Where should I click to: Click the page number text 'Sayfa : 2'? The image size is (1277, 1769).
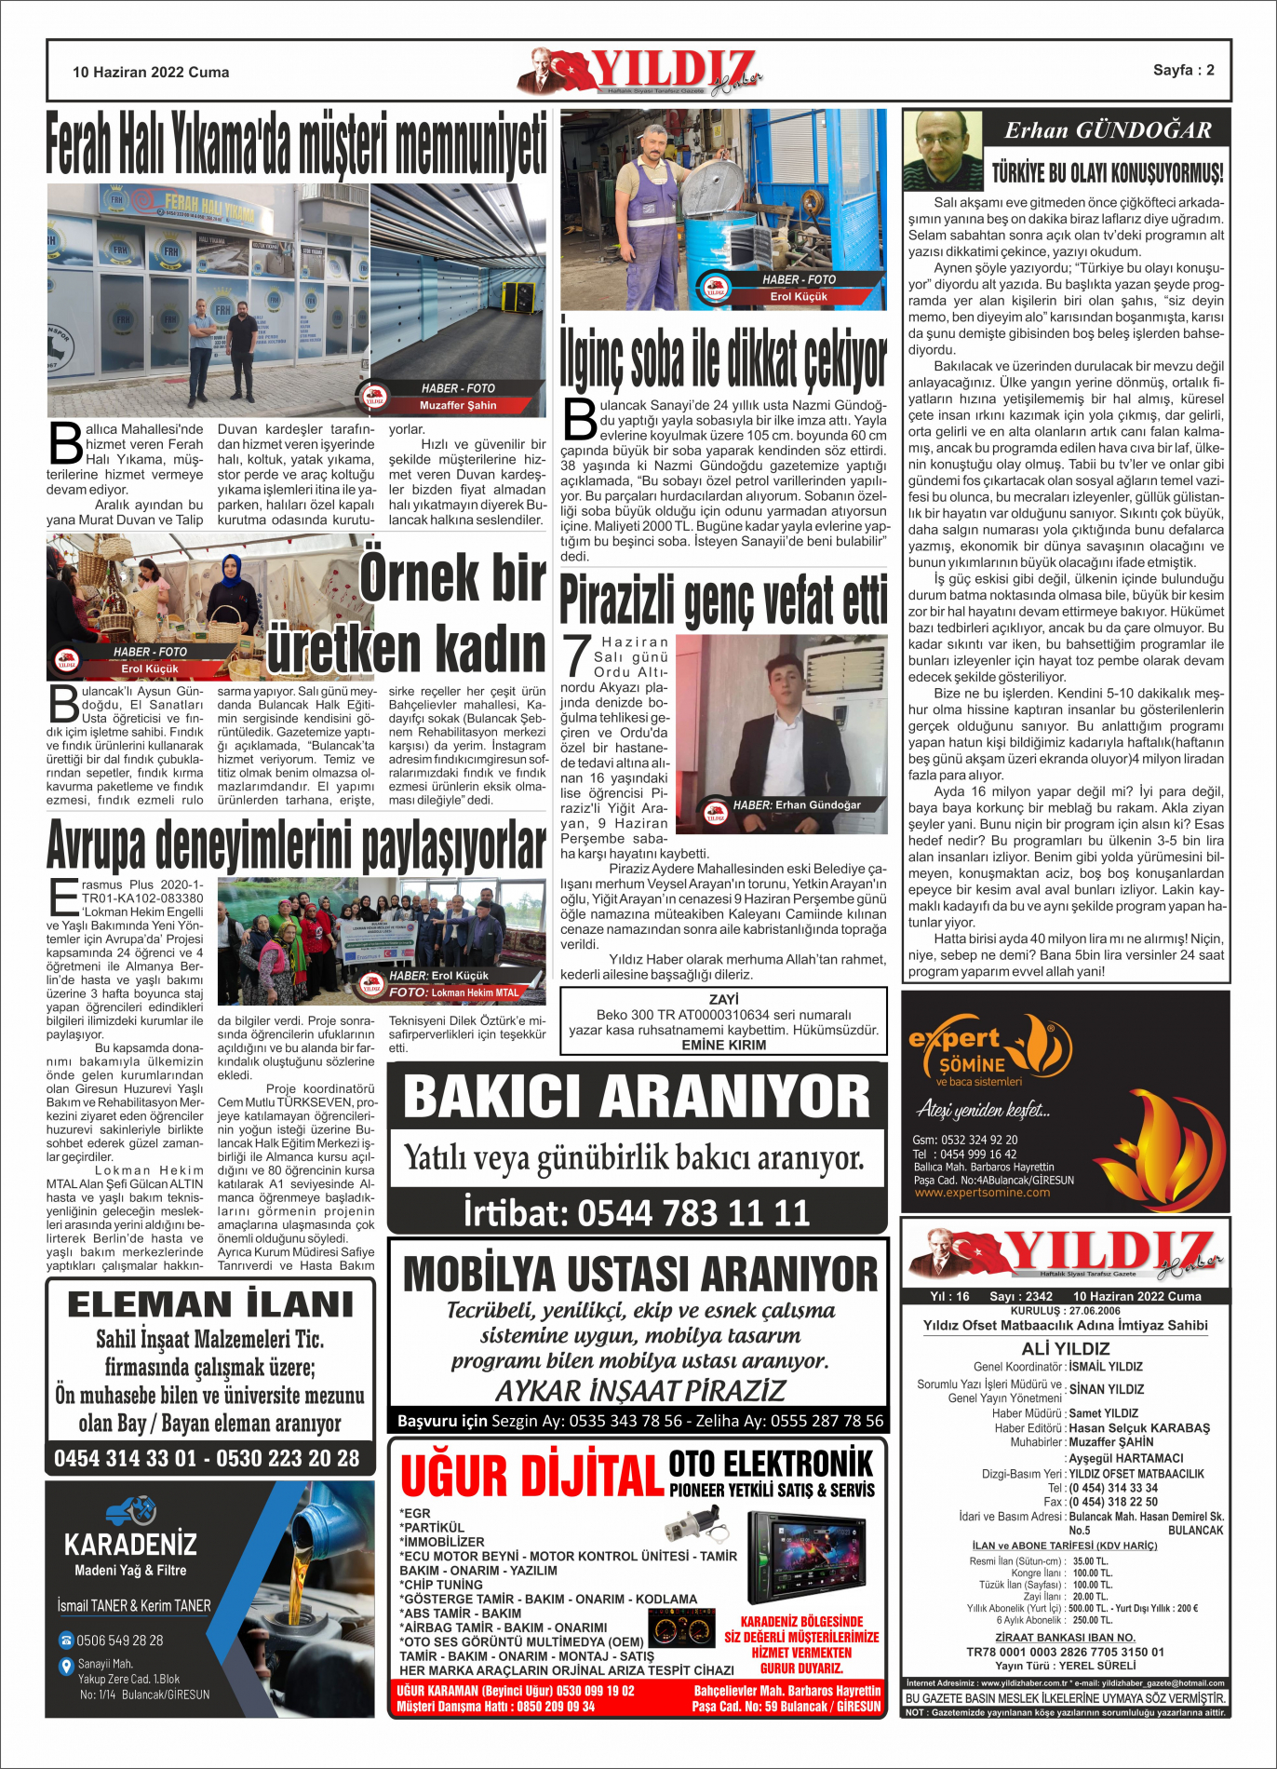tap(1183, 70)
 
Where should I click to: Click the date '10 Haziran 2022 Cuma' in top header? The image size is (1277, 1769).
tap(151, 72)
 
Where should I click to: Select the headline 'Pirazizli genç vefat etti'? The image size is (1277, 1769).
tap(723, 601)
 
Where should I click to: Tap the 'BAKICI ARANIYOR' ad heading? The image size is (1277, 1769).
tap(637, 1096)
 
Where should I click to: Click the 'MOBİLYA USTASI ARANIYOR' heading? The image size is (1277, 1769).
tap(640, 1274)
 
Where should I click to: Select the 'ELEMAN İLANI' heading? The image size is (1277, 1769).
tap(210, 1303)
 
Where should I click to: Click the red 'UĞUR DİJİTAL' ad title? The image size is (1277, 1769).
tap(531, 1476)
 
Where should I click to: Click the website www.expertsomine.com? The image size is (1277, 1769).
tap(982, 1193)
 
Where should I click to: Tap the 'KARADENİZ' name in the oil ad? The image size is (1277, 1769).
tap(130, 1546)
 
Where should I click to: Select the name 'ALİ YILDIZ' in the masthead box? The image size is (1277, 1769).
tap(1066, 1348)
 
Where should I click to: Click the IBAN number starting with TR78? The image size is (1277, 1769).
tap(1065, 1652)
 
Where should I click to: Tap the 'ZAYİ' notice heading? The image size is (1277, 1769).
tap(723, 999)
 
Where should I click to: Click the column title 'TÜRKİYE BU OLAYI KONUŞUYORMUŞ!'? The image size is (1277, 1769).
tap(1107, 173)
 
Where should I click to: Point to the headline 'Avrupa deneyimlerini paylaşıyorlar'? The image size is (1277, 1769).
tap(296, 845)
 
